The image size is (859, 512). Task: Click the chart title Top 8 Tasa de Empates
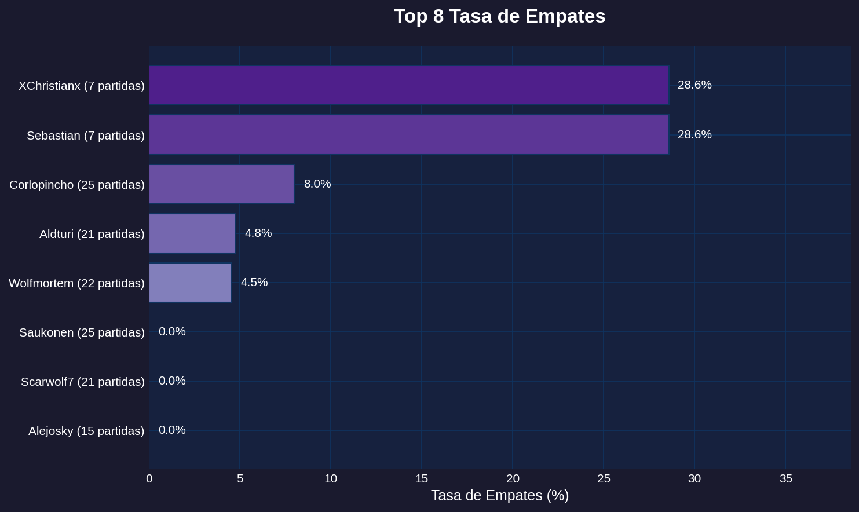499,16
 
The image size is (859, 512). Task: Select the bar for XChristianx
409,85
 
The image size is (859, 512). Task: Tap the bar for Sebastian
409,135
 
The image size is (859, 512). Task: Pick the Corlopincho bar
221,184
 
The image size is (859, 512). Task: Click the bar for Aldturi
192,233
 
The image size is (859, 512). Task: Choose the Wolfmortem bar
190,283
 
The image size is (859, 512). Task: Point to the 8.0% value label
317,184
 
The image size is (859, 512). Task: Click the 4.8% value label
258,233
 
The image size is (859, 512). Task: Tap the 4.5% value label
254,282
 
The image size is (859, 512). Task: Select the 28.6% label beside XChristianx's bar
694,85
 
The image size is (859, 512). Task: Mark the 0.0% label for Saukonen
172,331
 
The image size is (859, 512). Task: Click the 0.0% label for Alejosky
172,430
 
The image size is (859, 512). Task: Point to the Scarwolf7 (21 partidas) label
83,382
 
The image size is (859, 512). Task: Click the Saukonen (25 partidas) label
82,332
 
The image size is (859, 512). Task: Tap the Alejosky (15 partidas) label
86,431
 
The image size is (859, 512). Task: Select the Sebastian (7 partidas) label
86,136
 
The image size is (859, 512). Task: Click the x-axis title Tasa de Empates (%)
500,496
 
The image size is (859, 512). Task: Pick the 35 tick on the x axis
785,478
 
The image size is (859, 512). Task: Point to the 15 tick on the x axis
422,478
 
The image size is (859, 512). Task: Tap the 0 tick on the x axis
149,478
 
